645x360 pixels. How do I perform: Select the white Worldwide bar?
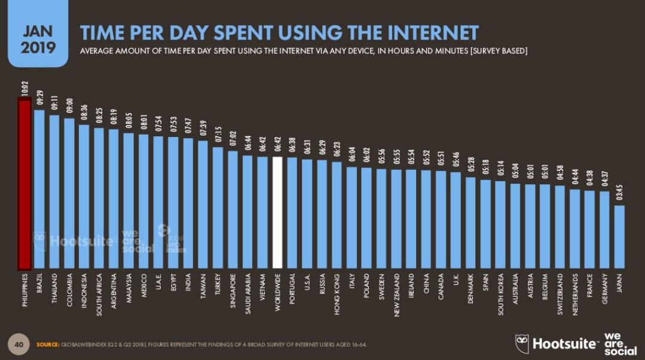277,212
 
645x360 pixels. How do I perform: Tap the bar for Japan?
619,237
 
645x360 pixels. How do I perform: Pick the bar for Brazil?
39,189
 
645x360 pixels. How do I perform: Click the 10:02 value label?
25,90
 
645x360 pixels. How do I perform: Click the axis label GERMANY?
604,289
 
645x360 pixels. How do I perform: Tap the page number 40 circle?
19,344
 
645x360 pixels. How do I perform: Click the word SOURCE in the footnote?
47,345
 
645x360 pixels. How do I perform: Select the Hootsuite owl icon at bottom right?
522,343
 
